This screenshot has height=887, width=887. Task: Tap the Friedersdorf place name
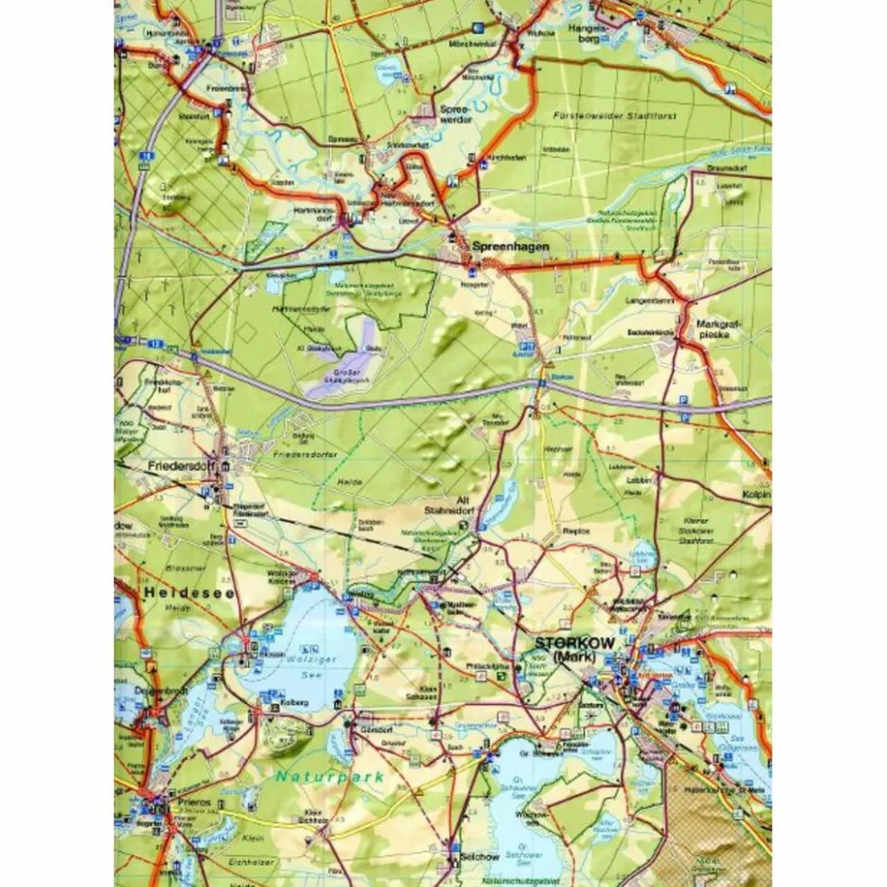pyautogui.click(x=177, y=464)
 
